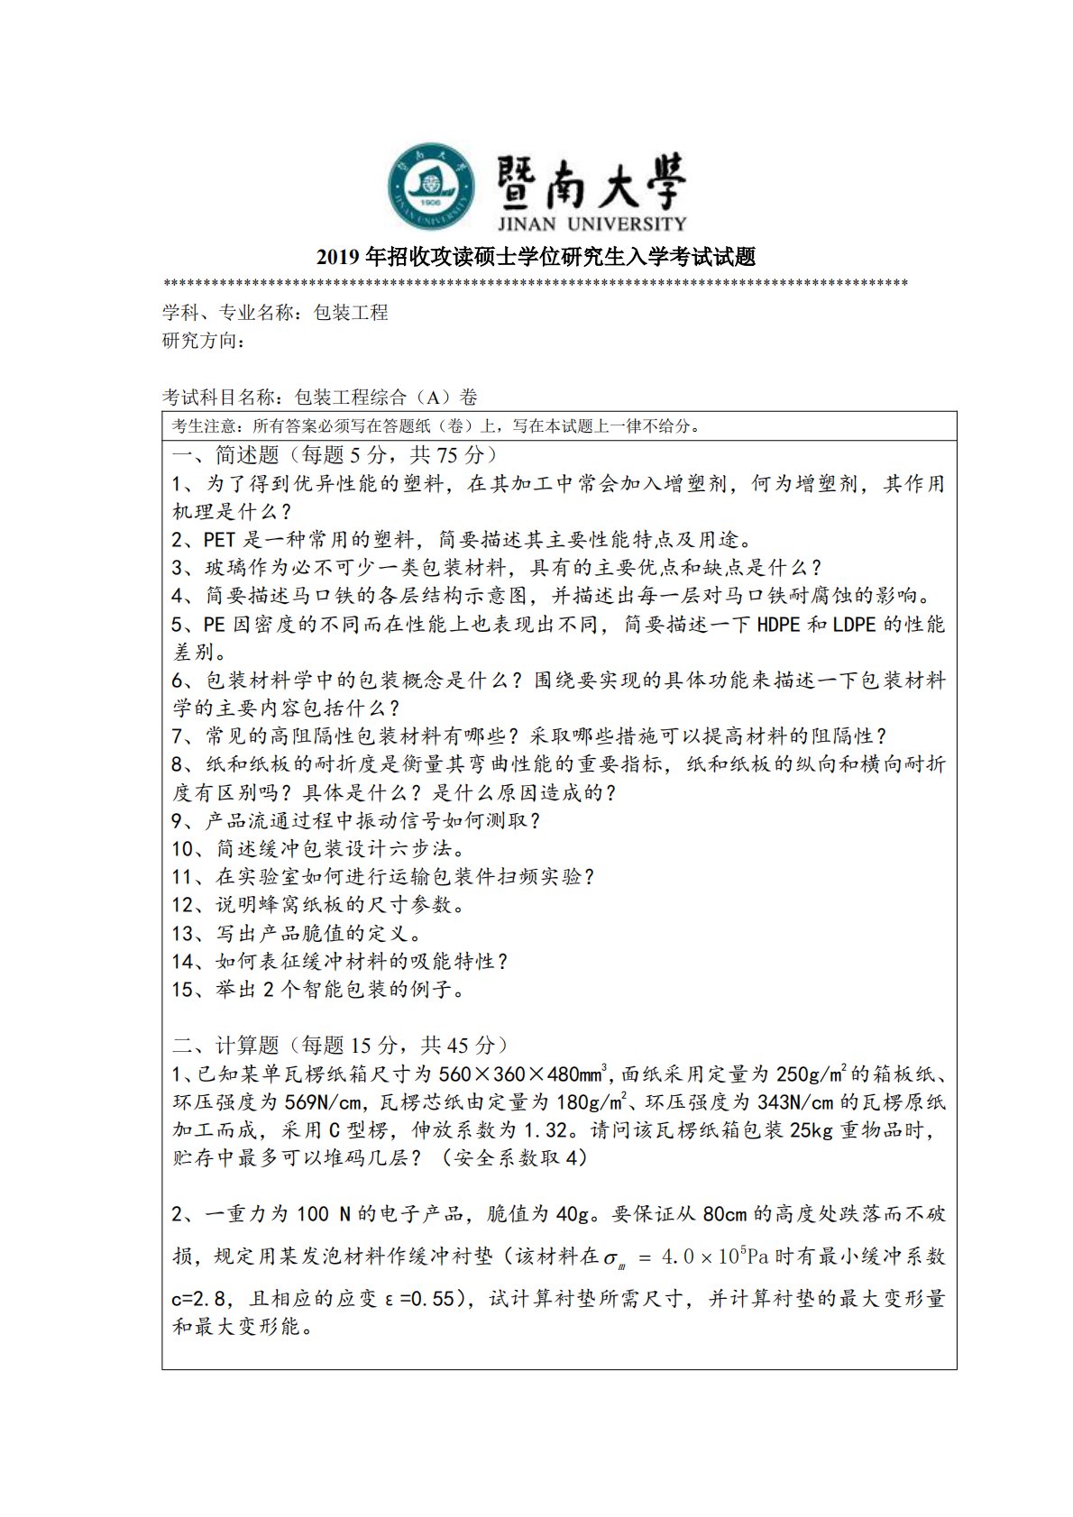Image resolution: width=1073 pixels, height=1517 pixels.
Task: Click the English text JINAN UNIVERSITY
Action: click(x=591, y=223)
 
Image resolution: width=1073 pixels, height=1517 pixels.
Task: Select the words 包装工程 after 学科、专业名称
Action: click(x=351, y=313)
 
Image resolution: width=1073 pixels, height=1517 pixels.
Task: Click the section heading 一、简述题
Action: click(x=225, y=455)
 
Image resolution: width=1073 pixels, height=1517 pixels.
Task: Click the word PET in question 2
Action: click(x=221, y=540)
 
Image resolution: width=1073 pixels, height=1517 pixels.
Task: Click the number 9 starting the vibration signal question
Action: click(x=178, y=821)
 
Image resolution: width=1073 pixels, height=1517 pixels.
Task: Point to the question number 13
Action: click(x=183, y=934)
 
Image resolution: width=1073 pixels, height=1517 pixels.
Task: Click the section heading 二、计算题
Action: click(x=225, y=1046)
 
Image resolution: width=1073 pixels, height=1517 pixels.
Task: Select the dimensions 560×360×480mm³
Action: click(x=527, y=1074)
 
